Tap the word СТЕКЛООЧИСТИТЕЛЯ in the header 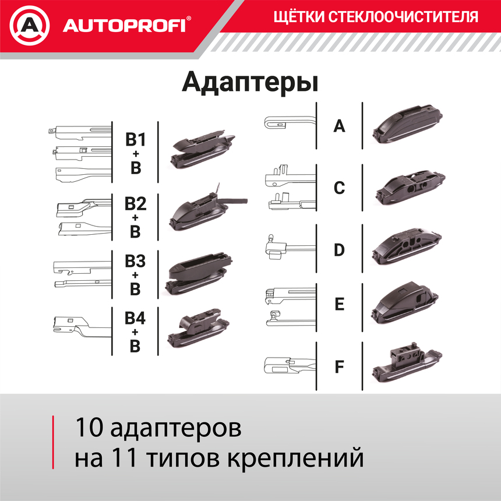point(404,16)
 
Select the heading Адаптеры point(250,82)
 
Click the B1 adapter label point(135,140)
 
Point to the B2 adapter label point(135,204)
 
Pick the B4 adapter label point(135,319)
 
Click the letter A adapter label point(339,125)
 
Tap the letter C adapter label point(339,188)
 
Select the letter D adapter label point(339,250)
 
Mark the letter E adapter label point(339,305)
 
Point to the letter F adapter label point(339,368)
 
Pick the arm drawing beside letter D point(288,247)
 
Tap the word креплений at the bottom point(306,457)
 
